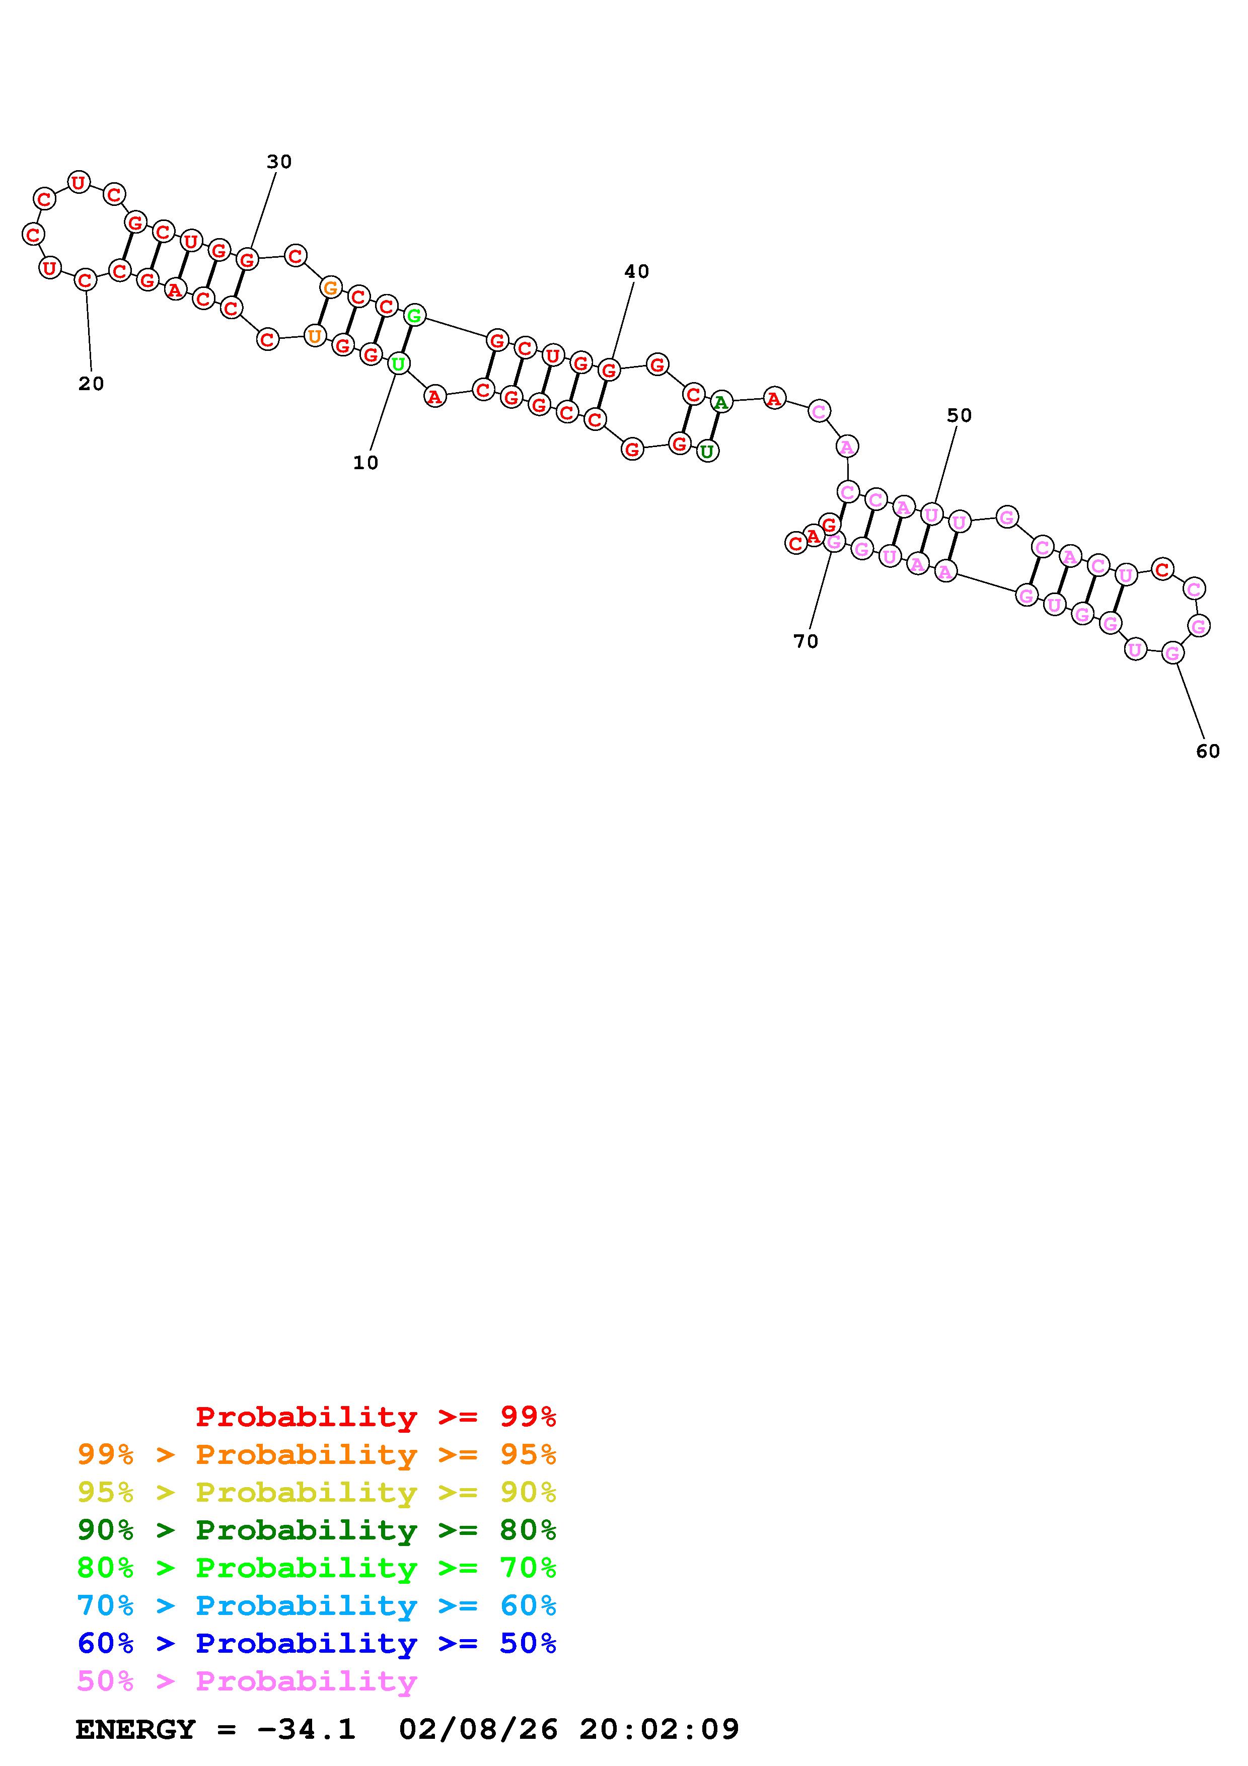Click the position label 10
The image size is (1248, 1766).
pos(366,462)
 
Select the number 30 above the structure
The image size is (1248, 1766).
pos(279,162)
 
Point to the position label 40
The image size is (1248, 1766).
pos(637,271)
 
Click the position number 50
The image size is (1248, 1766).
pos(959,415)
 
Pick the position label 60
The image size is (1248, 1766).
pos(1208,751)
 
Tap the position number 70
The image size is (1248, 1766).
pos(806,641)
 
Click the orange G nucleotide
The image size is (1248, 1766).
pos(331,287)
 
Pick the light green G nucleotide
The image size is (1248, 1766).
pos(414,315)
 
